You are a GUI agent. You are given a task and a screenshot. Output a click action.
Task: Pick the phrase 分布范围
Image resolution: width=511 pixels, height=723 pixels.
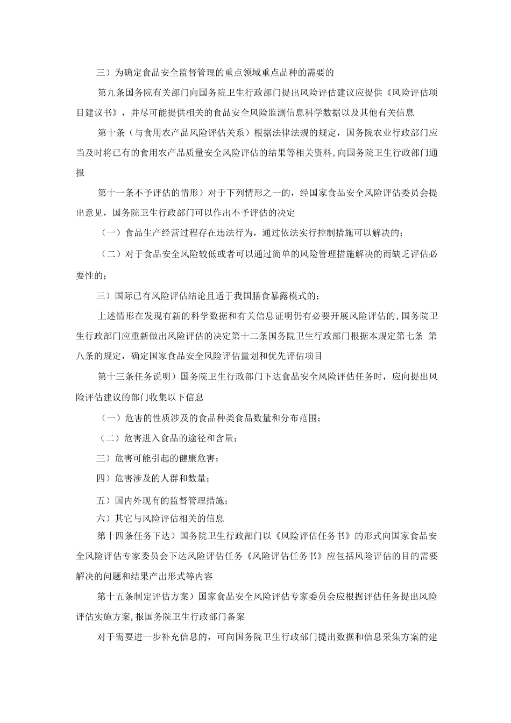click(x=298, y=418)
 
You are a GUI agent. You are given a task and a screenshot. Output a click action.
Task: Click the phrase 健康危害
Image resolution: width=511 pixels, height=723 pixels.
click(x=196, y=458)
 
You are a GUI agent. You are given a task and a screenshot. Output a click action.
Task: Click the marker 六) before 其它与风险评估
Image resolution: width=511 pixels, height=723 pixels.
click(x=103, y=518)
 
